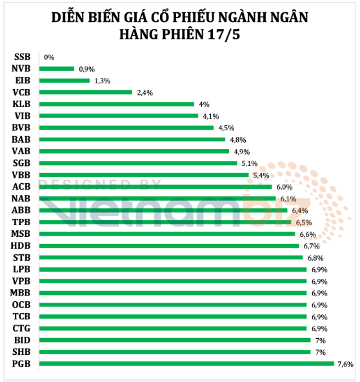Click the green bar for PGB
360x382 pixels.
pyautogui.click(x=186, y=364)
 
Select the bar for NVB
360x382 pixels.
pyautogui.click(x=57, y=69)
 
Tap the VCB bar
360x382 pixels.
pyautogui.click(x=86, y=92)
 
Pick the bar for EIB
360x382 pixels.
pyautogui.click(x=65, y=81)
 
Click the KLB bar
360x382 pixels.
pyautogui.click(x=117, y=105)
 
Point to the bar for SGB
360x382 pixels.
pyautogui.click(x=138, y=163)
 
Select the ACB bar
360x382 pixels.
pyautogui.click(x=155, y=187)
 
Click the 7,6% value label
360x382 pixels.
pyautogui.click(x=345, y=364)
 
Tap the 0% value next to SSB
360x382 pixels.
pyautogui.click(x=49, y=57)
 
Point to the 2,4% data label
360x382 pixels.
pyautogui.click(x=145, y=93)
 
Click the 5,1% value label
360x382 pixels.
pyautogui.click(x=250, y=163)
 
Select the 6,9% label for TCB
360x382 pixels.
pyautogui.click(x=319, y=317)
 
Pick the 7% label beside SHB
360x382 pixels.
pyautogui.click(x=321, y=352)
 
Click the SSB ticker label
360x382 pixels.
pyautogui.click(x=22, y=57)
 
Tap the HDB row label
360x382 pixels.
pyautogui.click(x=21, y=246)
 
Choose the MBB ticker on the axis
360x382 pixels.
pyautogui.click(x=20, y=293)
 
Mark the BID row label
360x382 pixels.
pyautogui.click(x=22, y=340)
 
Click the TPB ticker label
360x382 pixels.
pyautogui.click(x=21, y=222)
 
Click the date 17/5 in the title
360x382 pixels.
pyautogui.click(x=224, y=34)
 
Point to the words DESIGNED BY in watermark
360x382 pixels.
pyautogui.click(x=100, y=185)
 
